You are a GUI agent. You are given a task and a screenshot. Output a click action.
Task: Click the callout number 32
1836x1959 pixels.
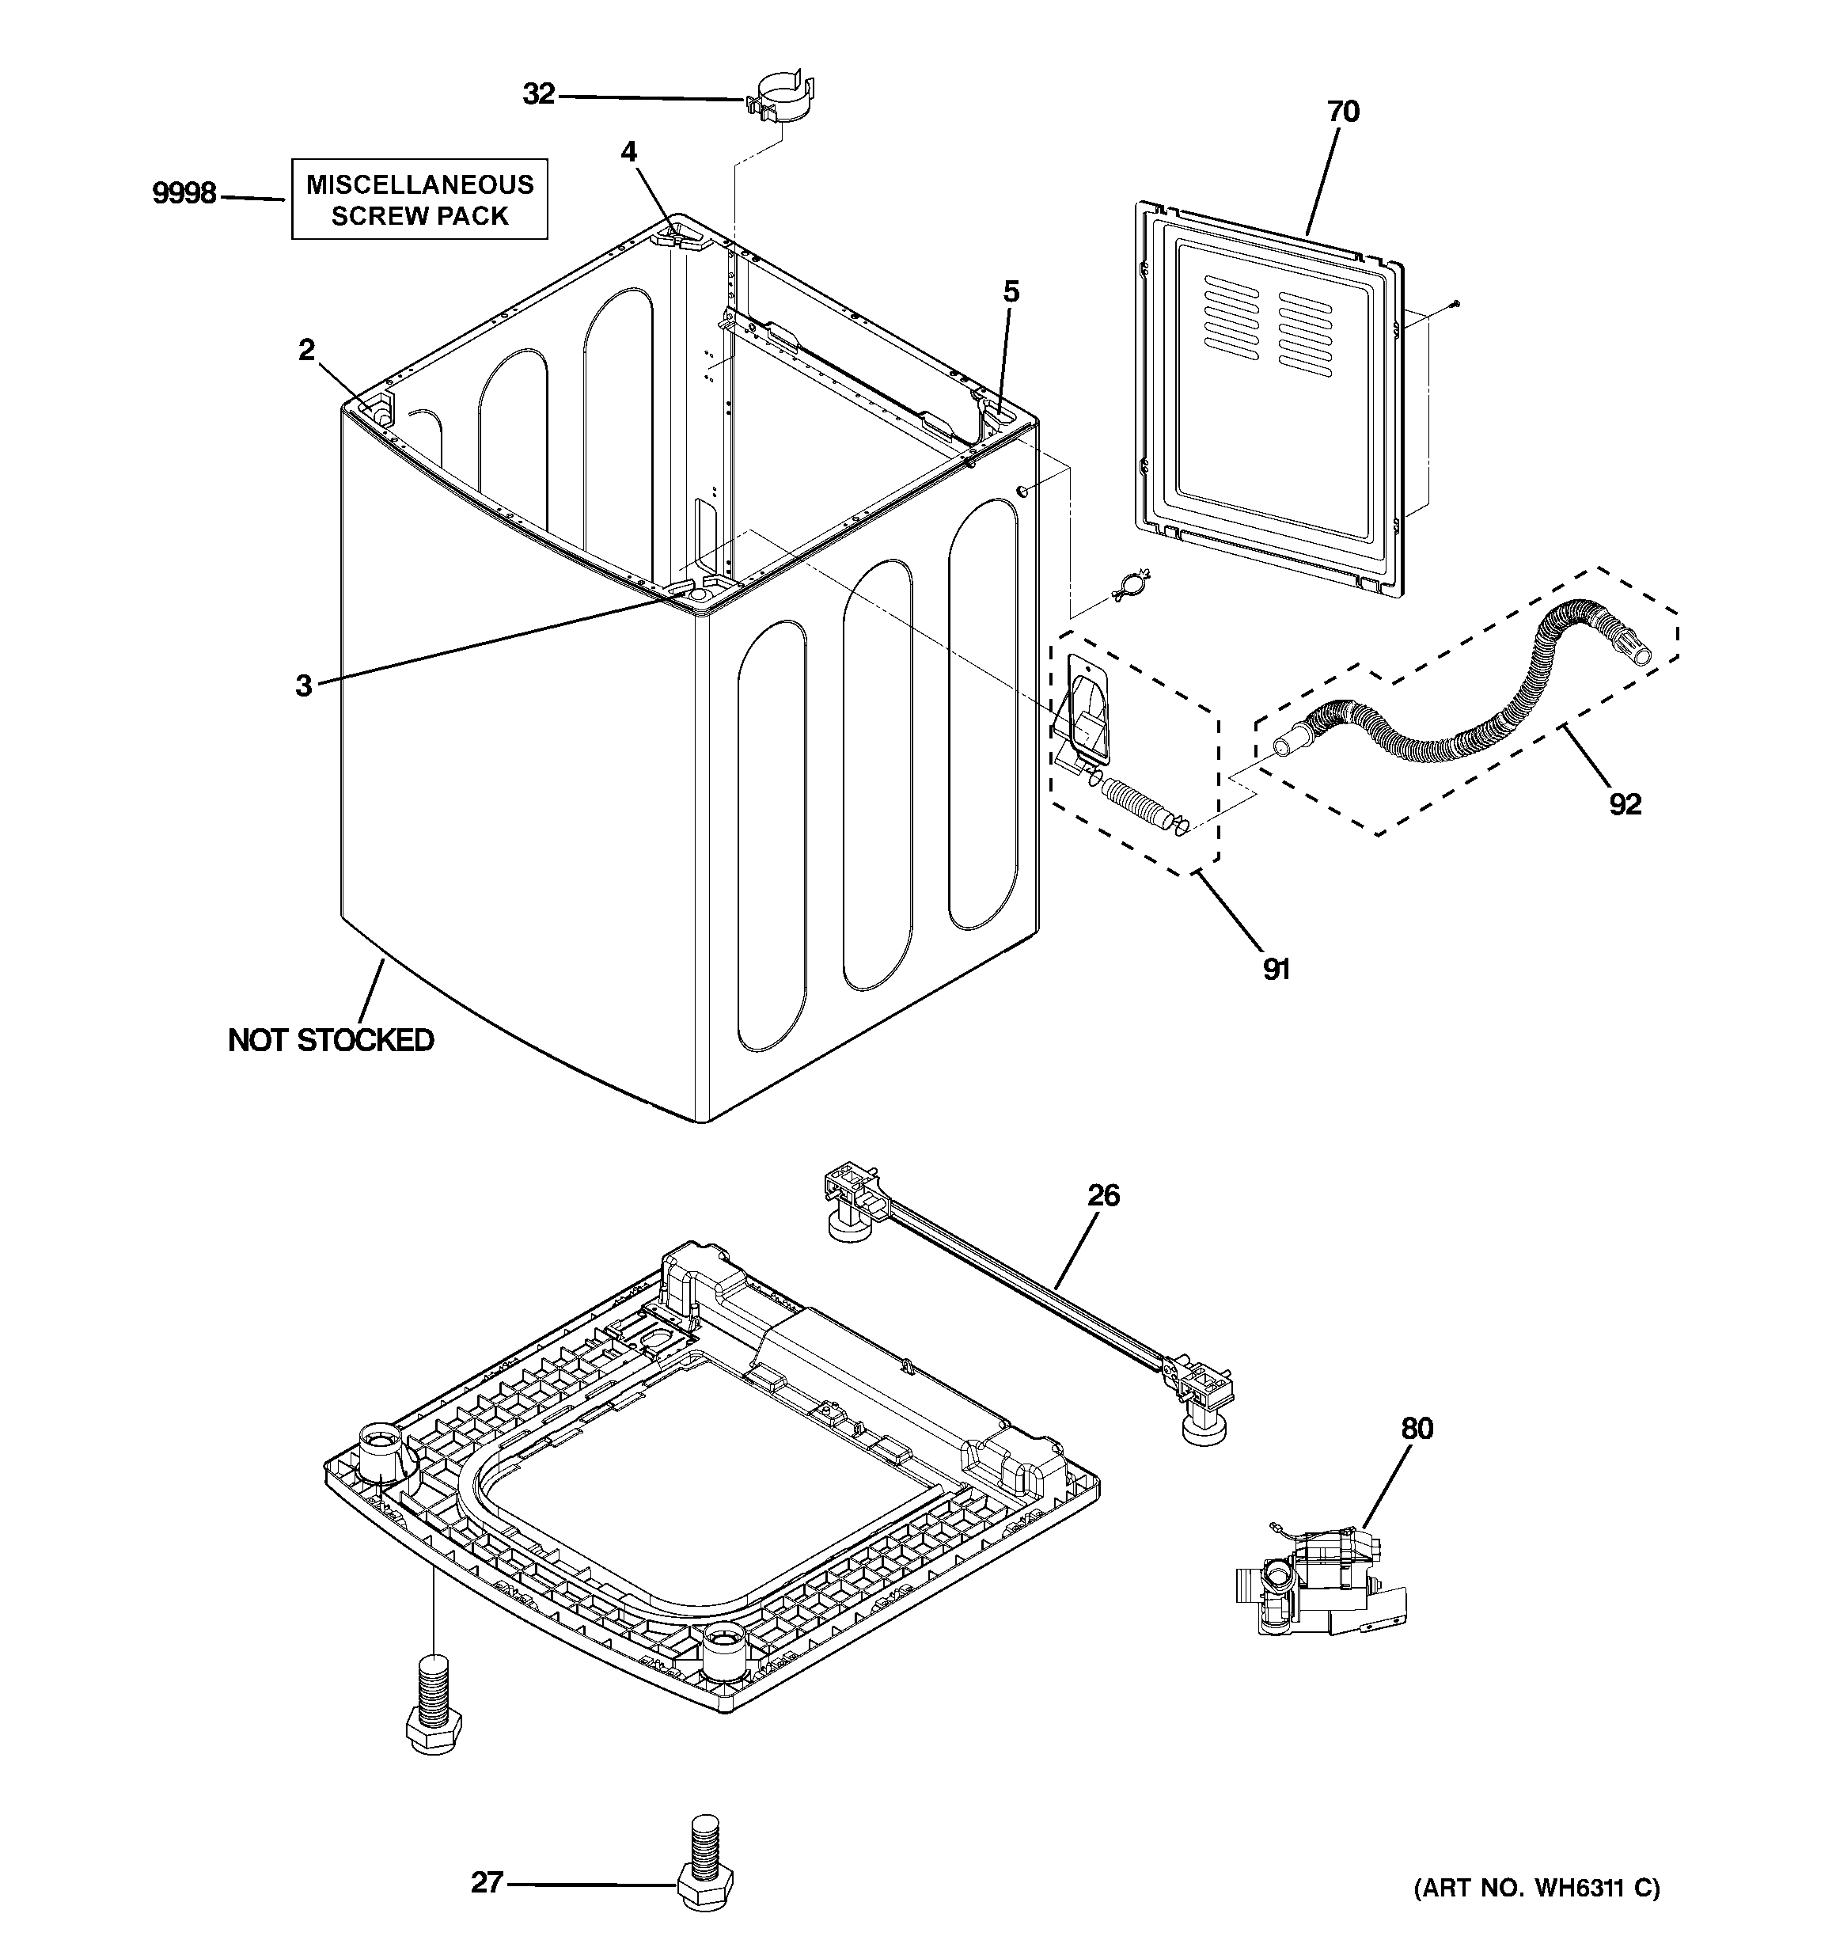539,95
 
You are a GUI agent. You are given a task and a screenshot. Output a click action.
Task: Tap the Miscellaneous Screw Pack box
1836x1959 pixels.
419,199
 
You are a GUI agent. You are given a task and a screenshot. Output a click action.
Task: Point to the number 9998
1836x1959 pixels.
184,193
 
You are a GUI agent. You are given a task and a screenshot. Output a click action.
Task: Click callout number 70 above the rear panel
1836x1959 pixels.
1343,112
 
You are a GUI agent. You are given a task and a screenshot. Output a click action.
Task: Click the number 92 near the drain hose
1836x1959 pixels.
1625,805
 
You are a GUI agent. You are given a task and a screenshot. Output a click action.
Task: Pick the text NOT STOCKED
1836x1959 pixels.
331,1041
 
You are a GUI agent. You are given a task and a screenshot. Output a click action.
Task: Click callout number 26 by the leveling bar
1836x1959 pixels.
1104,1195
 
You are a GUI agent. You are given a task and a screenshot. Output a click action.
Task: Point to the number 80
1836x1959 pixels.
1417,1429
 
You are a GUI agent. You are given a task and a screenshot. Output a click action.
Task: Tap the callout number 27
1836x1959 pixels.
487,1883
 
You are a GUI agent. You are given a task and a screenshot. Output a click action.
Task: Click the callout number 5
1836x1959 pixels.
1011,292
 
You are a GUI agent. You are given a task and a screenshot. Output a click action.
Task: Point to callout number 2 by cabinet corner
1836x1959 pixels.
308,350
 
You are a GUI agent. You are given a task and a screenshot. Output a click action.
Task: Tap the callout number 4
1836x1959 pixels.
629,152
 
